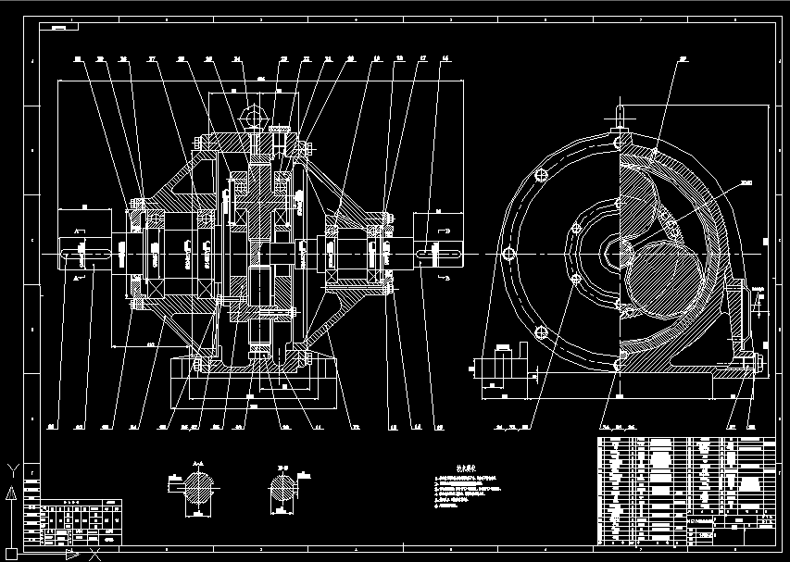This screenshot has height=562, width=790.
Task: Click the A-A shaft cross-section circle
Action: click(196, 487)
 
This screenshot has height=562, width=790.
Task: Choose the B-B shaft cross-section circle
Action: click(282, 488)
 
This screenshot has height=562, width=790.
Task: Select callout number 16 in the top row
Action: click(446, 58)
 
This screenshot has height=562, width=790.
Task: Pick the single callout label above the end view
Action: click(683, 58)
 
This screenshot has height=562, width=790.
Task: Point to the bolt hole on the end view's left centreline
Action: click(508, 253)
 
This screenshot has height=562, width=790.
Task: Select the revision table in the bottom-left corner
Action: click(74, 524)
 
